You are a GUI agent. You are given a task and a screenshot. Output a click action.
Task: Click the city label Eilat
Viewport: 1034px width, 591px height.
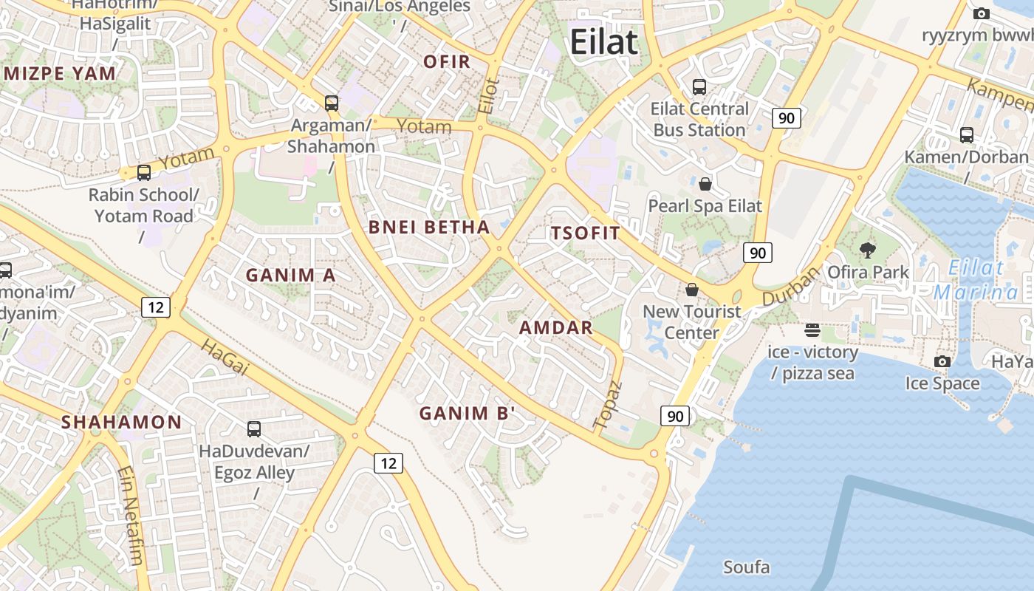[603, 42]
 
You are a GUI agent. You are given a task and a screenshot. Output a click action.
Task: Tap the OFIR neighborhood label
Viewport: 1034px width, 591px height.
[447, 61]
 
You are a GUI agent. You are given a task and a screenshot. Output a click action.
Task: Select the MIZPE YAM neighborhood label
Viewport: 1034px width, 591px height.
[60, 73]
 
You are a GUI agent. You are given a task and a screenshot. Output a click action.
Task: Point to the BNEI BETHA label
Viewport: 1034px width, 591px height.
[429, 227]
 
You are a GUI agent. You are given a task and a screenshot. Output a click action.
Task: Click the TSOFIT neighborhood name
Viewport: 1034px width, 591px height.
[586, 233]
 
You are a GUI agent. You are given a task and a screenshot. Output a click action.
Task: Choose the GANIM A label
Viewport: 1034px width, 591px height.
[290, 276]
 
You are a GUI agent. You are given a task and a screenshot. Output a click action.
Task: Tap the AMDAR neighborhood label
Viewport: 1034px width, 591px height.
[556, 327]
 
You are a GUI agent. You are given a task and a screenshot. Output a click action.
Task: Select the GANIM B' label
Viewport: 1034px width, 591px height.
[467, 414]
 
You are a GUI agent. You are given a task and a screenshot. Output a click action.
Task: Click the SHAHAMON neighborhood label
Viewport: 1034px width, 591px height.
[121, 423]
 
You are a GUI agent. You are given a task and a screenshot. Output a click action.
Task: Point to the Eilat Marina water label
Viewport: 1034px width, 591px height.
[976, 280]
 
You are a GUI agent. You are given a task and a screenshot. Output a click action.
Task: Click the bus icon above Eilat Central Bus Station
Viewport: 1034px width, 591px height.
[699, 87]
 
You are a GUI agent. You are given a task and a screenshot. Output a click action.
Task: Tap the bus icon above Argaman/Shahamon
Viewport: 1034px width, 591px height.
[332, 103]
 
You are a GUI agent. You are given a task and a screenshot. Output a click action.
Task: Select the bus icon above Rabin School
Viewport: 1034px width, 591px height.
[144, 173]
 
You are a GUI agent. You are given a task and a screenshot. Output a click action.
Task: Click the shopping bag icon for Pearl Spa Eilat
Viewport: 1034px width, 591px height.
[705, 183]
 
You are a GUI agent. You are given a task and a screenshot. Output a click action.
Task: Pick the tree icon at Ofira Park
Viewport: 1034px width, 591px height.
[868, 250]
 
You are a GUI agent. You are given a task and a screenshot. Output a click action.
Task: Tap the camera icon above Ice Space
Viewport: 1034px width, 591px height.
[942, 361]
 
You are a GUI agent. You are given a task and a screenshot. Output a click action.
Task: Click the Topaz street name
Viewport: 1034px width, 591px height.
[608, 406]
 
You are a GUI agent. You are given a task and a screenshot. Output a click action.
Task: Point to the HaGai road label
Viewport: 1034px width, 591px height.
[223, 357]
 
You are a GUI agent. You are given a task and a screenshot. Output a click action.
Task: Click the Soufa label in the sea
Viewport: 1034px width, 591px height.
[746, 567]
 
